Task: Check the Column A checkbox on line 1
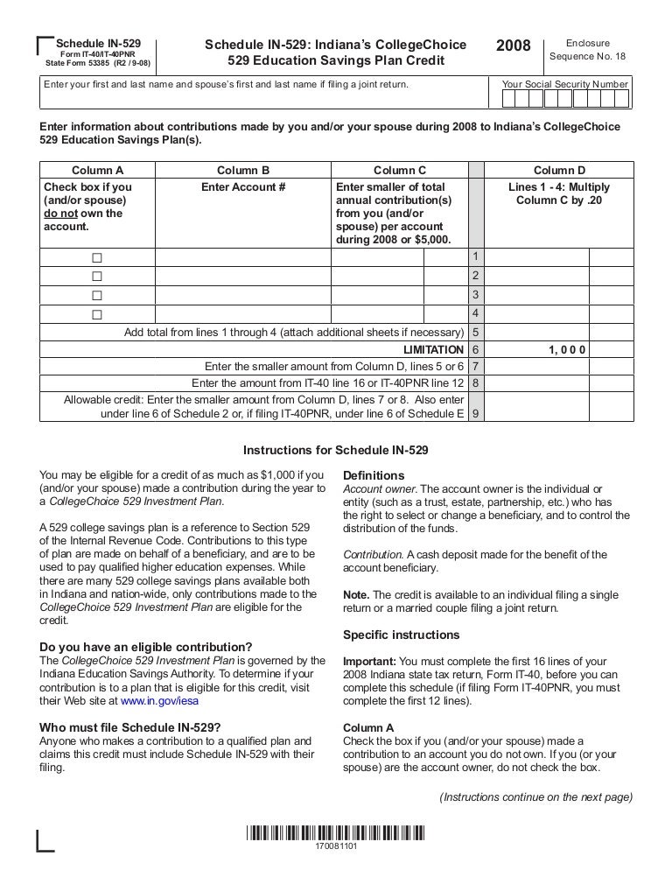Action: [97, 258]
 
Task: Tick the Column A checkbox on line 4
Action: [97, 314]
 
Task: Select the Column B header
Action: [243, 171]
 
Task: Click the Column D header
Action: [559, 171]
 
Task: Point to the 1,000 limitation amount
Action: [567, 349]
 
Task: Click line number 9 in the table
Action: [475, 413]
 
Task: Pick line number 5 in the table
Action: [475, 333]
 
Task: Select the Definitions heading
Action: [374, 475]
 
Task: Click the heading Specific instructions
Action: [401, 634]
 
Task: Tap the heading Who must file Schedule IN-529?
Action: [130, 727]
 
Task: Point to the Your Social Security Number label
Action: [564, 85]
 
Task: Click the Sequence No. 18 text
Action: [587, 57]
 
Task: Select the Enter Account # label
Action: [243, 187]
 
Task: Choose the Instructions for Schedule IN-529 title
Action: [335, 451]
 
